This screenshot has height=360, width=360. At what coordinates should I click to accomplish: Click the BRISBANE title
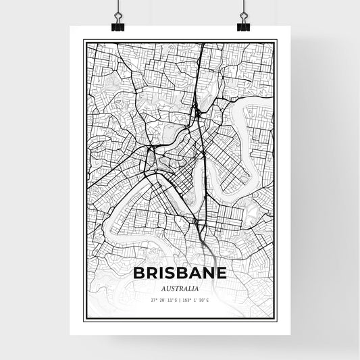point(180,274)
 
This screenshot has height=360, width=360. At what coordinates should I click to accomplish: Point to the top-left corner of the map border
point(83,40)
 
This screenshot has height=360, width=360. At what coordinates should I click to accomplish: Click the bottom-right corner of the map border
point(276,320)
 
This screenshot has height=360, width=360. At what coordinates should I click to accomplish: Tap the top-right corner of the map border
point(276,40)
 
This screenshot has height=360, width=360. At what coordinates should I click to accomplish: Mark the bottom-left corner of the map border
point(83,320)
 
